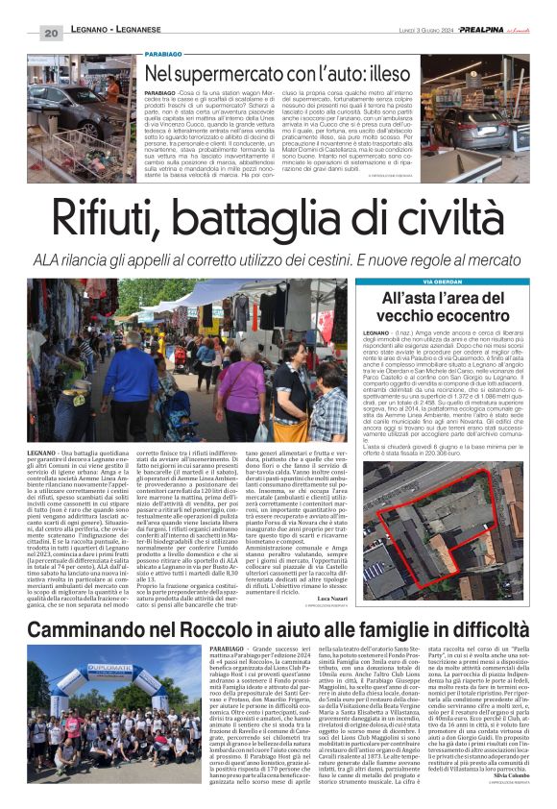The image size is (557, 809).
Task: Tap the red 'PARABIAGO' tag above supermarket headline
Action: click(x=164, y=56)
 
